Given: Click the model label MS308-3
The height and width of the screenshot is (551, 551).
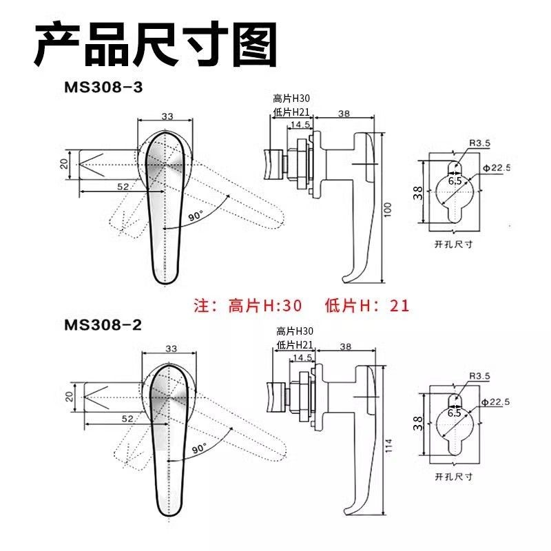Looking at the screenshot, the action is click(103, 87).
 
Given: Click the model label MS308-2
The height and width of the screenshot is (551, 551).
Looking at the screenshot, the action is click(103, 325).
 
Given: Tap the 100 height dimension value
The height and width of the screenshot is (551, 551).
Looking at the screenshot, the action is click(388, 209).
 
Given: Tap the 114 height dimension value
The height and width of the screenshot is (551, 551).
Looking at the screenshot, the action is click(389, 446).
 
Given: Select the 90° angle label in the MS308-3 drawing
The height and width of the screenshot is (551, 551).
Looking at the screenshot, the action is click(196, 216).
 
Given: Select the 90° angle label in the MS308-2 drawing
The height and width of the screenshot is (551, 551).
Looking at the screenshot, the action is click(199, 449).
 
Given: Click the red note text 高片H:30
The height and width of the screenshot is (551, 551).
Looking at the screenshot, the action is click(264, 305).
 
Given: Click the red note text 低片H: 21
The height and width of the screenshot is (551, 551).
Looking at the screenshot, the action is click(367, 305).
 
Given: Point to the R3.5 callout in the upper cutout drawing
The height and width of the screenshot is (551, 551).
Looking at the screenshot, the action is click(479, 143).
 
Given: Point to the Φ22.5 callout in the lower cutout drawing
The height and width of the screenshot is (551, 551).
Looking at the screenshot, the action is click(495, 402).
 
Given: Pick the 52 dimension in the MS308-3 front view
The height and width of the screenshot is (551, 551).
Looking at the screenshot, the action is click(123, 187).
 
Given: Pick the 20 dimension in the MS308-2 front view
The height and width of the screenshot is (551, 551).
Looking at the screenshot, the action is click(70, 397).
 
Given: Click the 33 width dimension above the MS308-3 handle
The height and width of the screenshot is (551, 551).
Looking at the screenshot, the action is click(167, 116).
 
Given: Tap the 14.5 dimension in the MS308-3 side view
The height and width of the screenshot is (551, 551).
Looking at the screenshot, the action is click(300, 125).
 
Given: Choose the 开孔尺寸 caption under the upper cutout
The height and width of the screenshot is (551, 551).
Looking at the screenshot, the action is click(453, 244).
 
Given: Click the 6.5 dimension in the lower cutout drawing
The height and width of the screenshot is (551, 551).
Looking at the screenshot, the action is click(454, 413).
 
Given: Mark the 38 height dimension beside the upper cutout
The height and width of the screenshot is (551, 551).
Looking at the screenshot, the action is click(418, 194).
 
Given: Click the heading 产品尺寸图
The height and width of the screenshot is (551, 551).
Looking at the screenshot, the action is click(156, 44).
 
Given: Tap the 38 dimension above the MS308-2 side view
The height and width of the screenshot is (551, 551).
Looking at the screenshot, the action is click(346, 346).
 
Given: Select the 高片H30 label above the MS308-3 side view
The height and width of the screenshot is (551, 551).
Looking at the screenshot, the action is click(291, 98).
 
